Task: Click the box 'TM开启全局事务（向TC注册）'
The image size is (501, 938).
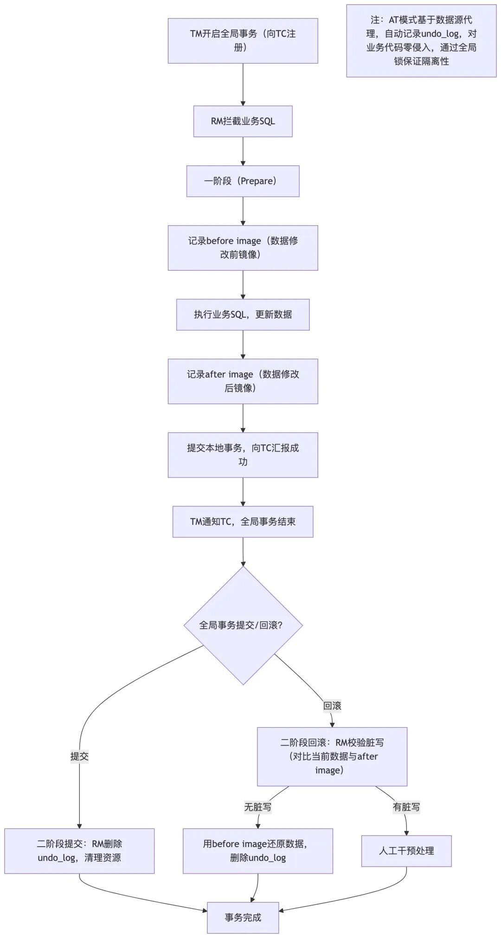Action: click(x=243, y=41)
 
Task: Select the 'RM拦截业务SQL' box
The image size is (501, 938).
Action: click(x=243, y=121)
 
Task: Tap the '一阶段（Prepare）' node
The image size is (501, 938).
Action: click(x=243, y=181)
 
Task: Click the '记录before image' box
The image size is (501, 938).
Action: click(x=243, y=248)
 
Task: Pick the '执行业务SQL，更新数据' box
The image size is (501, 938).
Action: click(x=243, y=315)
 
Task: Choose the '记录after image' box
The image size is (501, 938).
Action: click(x=243, y=381)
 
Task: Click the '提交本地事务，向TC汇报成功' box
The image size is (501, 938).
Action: click(x=243, y=455)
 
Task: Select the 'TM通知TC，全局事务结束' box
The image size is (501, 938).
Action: click(x=243, y=522)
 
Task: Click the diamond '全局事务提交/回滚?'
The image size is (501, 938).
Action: click(x=243, y=625)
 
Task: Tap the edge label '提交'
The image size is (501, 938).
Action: click(x=79, y=756)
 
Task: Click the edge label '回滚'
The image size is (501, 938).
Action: click(x=332, y=706)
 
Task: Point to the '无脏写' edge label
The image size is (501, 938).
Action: click(x=258, y=807)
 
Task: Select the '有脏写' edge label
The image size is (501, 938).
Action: click(x=406, y=807)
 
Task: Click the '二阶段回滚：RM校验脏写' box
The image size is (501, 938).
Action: click(x=332, y=756)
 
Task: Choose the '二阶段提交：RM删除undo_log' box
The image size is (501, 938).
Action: click(x=79, y=851)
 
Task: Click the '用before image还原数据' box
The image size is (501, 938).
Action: click(x=258, y=851)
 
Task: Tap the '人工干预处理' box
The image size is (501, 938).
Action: click(x=406, y=851)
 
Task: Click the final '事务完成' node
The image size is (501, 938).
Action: click(x=243, y=918)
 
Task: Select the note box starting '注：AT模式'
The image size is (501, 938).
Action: click(x=421, y=41)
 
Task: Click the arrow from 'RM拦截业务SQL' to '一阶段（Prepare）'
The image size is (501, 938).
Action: click(x=243, y=151)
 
